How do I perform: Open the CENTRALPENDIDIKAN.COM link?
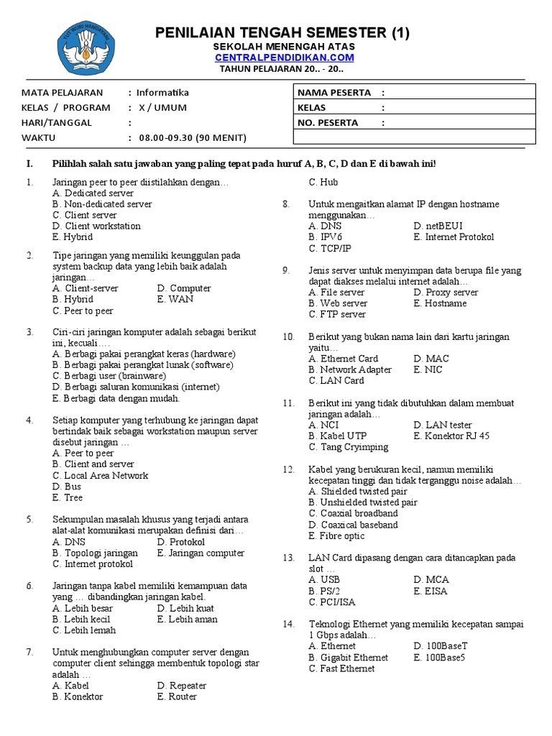click(282, 57)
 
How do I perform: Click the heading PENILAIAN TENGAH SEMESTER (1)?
click(282, 33)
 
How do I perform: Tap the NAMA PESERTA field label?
click(334, 93)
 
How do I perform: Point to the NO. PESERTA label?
click(328, 123)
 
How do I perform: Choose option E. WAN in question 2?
click(175, 300)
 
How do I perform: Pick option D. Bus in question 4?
click(67, 487)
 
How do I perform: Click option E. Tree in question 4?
click(68, 497)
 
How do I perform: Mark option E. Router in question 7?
click(177, 696)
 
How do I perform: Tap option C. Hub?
click(323, 183)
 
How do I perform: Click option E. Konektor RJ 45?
click(451, 436)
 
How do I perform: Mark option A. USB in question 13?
click(325, 580)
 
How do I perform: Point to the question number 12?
click(288, 469)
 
